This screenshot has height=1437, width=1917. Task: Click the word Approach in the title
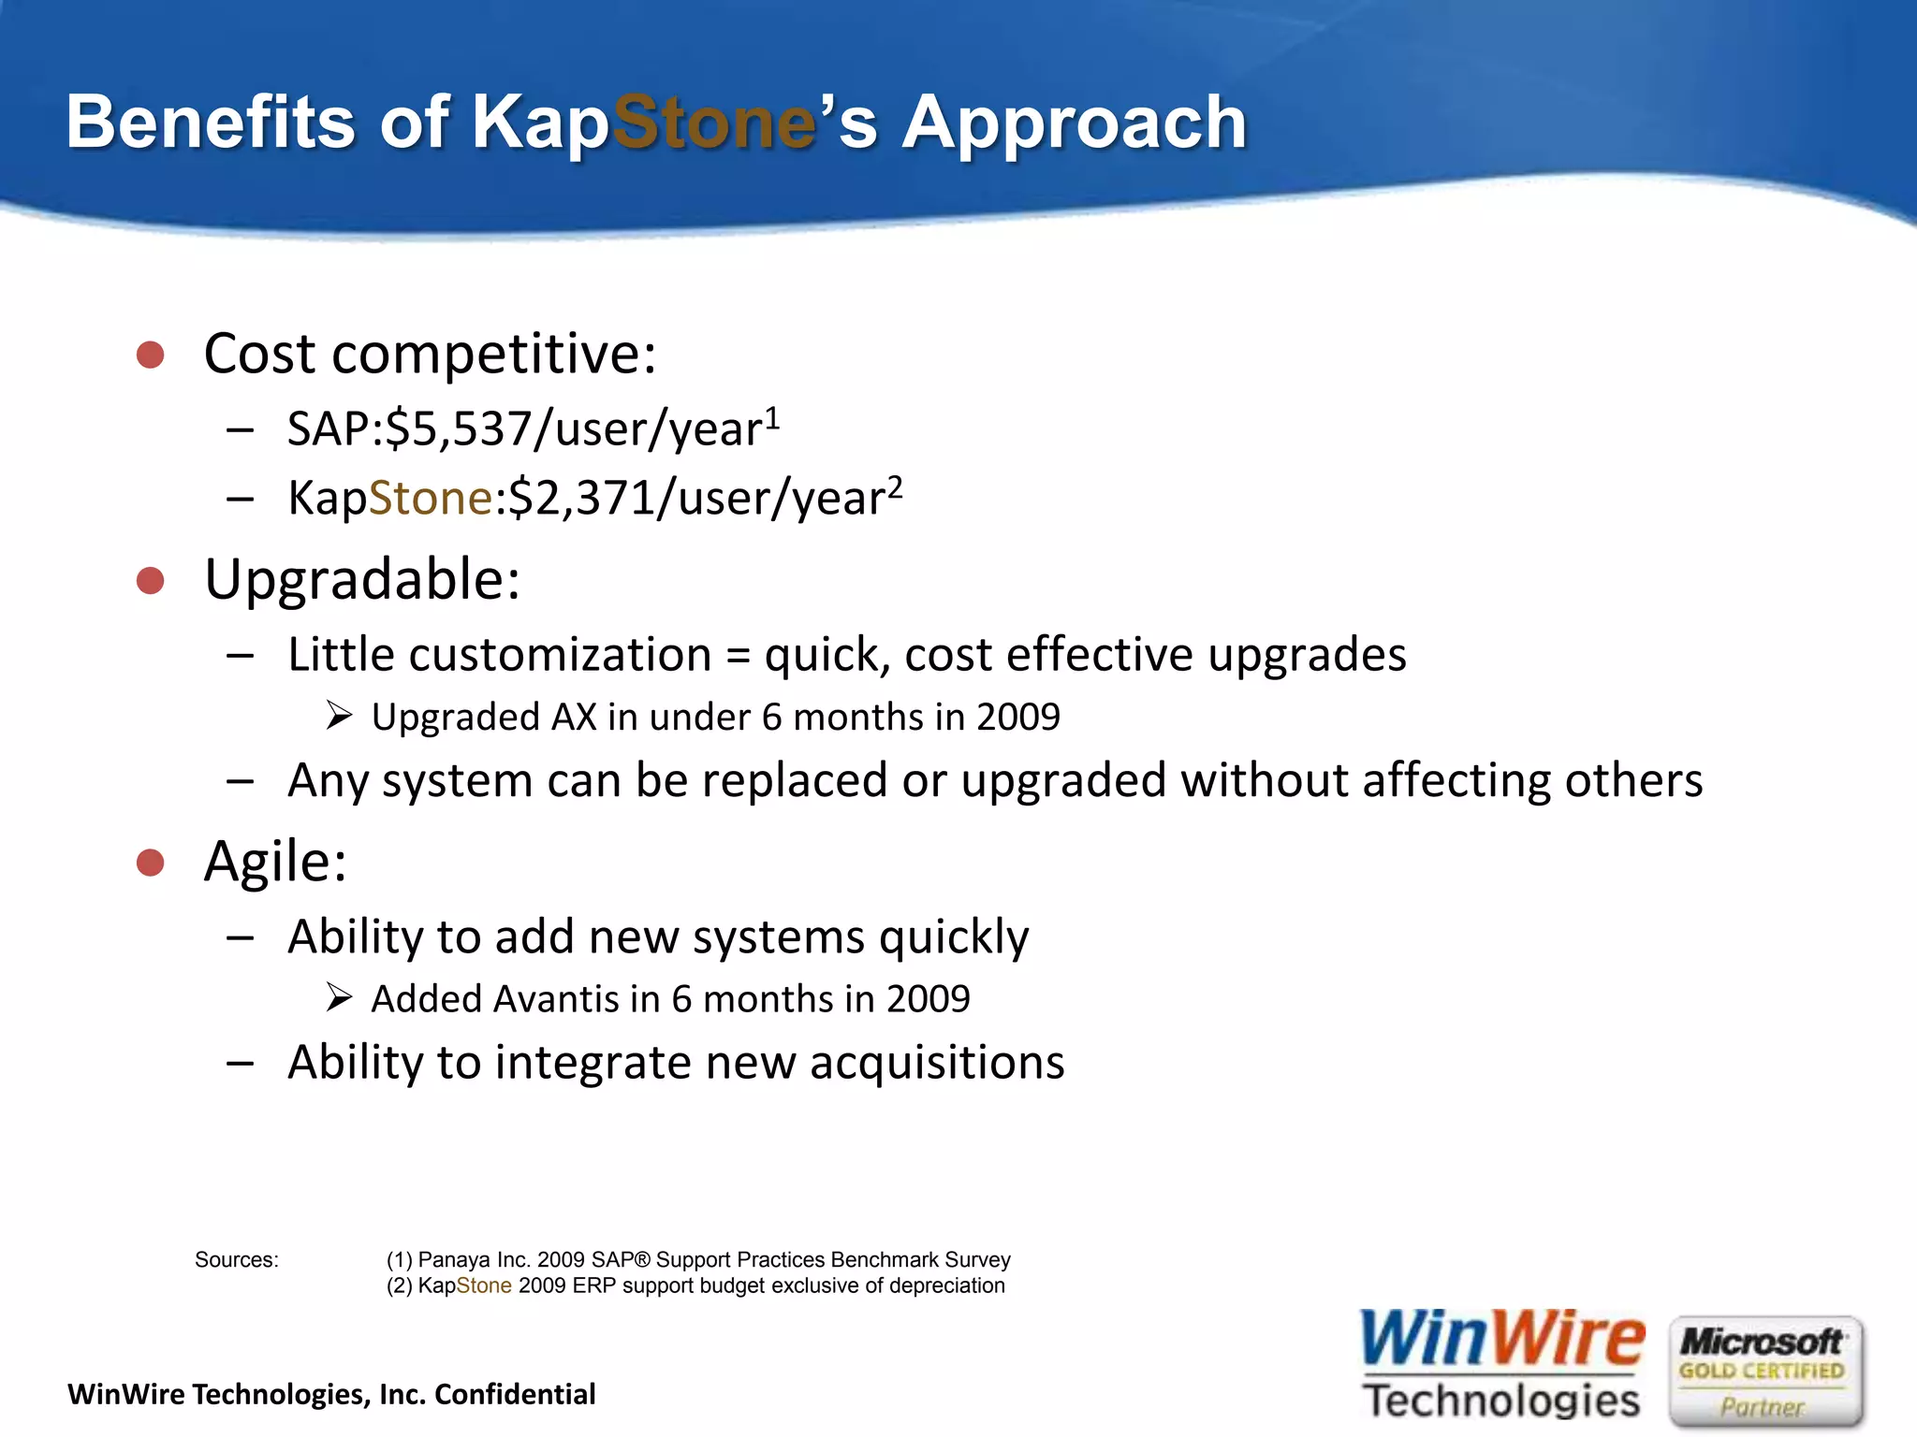[x=1074, y=123]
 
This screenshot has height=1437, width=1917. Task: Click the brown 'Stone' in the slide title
[x=714, y=123]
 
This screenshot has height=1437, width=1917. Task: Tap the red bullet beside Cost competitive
[x=150, y=355]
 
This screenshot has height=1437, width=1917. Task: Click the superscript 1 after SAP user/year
[x=772, y=417]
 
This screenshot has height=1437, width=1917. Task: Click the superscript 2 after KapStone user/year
[x=895, y=486]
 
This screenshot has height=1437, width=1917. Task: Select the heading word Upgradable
[x=362, y=580]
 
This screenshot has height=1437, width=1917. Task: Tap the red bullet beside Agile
[x=150, y=862]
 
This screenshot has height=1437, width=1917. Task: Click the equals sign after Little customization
[x=739, y=655]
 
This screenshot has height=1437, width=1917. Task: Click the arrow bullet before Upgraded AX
[x=339, y=717]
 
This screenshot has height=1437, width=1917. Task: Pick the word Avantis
[x=555, y=999]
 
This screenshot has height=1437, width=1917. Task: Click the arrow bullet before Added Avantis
[x=339, y=998]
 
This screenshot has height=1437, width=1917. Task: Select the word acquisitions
[x=937, y=1063]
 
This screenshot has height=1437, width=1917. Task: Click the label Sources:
[x=236, y=1260]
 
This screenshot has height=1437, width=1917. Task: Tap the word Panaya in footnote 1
[x=454, y=1260]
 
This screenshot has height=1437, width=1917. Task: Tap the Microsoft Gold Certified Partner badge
[x=1764, y=1372]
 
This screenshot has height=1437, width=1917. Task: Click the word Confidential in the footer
[x=515, y=1395]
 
